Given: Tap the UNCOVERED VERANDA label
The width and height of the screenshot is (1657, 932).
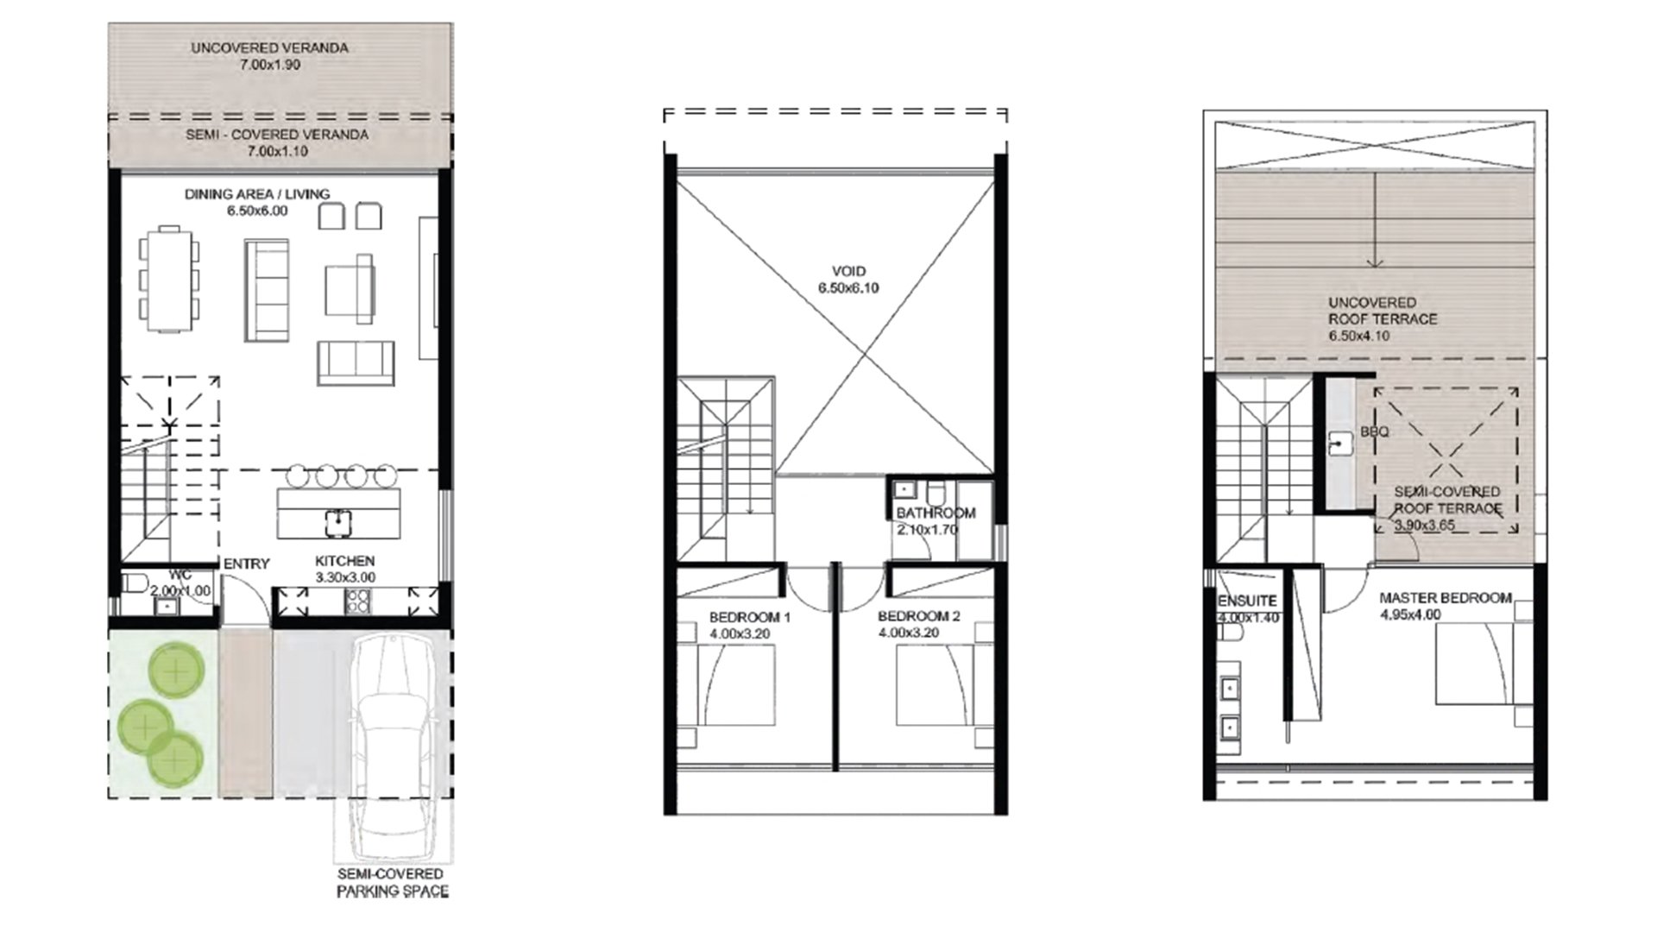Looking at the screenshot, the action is (x=269, y=48).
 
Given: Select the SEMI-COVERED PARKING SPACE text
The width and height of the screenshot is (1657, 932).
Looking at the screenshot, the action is (x=393, y=883).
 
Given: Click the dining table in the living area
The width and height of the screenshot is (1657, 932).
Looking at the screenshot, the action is (x=170, y=279).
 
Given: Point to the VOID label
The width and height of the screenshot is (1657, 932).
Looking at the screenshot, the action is (x=848, y=271).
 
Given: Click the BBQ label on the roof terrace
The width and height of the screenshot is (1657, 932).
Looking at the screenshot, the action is (x=1375, y=431).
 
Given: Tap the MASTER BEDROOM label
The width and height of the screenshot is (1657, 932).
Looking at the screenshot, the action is (x=1446, y=598).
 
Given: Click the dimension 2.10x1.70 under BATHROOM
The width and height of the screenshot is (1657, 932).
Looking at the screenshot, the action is (x=926, y=530).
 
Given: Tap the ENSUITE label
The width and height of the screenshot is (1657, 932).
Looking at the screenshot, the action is (x=1247, y=601).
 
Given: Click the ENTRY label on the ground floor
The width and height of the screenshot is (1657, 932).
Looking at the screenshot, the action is (x=247, y=564).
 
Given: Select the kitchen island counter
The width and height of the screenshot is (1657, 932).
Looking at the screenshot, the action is (x=339, y=513).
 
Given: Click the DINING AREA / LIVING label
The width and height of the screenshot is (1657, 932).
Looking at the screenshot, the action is (x=257, y=194).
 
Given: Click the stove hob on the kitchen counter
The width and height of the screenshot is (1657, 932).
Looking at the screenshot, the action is (x=357, y=601).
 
